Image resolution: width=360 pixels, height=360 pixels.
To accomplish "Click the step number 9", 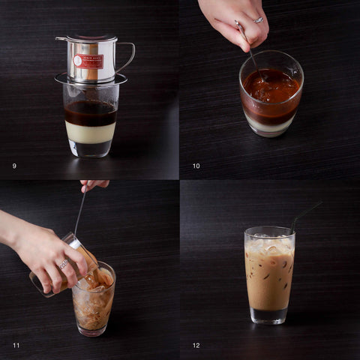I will (x=14, y=166).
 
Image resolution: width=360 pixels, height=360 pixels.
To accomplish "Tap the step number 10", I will (x=196, y=166).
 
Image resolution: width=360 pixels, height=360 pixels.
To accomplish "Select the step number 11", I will (x=16, y=345).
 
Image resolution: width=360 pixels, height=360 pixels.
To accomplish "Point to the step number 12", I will (x=196, y=345).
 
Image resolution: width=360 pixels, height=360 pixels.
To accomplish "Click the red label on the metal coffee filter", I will (x=88, y=61).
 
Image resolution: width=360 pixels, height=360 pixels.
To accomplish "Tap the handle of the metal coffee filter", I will (x=126, y=57).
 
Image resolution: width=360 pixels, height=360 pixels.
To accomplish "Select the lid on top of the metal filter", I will (x=86, y=38).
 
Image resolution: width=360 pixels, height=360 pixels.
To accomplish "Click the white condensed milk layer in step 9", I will (x=91, y=133).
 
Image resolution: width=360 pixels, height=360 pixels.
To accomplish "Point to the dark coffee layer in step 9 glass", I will (x=91, y=113).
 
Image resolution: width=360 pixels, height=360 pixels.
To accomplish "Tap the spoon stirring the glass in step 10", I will (x=247, y=45).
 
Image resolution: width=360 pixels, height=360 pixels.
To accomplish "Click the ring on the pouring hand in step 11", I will (x=63, y=263).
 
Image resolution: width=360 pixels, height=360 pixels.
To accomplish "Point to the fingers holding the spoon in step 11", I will (x=94, y=184).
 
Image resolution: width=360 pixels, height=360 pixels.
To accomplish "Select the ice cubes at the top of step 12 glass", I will (x=269, y=244).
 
